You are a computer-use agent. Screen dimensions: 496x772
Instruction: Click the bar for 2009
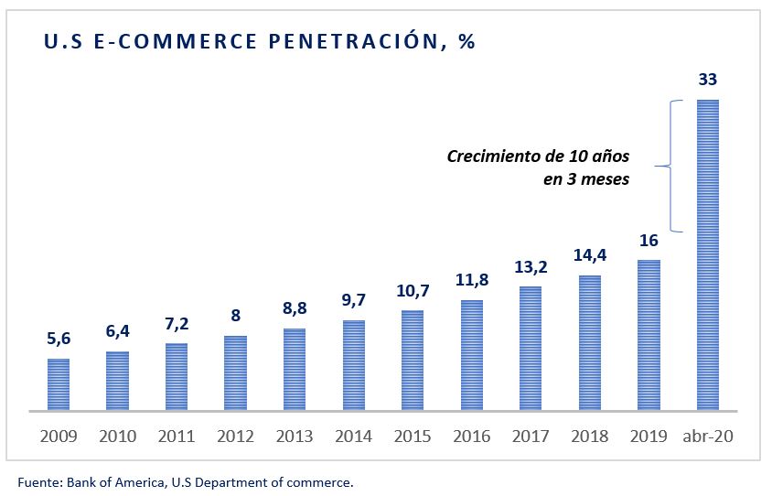click(59, 384)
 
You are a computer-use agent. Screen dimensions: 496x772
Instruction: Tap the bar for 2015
click(413, 360)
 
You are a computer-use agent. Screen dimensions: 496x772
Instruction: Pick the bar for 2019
click(649, 335)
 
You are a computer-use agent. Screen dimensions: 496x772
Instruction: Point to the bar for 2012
click(235, 372)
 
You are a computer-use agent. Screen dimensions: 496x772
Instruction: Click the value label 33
click(707, 80)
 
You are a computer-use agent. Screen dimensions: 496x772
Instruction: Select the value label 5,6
click(59, 339)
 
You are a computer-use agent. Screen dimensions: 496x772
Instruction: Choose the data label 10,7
click(413, 290)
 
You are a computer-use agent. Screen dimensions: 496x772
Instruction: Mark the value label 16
click(649, 240)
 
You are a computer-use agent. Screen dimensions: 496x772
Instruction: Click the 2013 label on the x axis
click(294, 437)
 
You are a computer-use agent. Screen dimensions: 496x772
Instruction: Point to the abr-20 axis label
click(707, 437)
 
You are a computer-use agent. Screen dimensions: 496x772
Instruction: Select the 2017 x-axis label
click(530, 437)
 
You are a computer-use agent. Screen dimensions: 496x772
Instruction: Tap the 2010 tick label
click(117, 437)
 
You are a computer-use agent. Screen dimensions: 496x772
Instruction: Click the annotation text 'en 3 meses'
click(586, 179)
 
